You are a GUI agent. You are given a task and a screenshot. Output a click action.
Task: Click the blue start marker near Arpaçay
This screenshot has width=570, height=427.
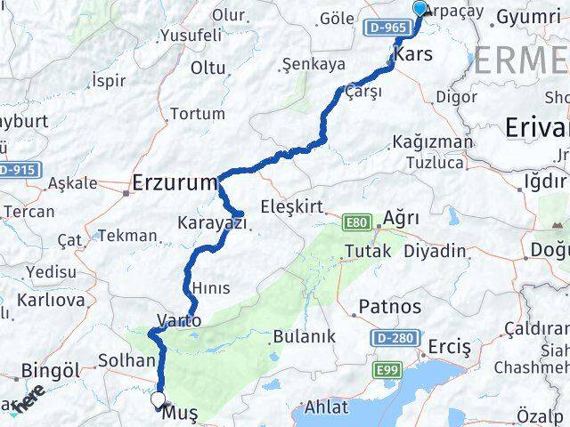[x=420, y=10]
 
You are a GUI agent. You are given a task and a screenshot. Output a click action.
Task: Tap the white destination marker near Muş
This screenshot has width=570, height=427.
[x=159, y=400]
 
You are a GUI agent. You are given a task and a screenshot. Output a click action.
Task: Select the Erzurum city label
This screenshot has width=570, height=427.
[x=175, y=184]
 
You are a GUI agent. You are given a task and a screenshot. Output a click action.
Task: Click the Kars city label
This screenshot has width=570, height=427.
[x=412, y=53]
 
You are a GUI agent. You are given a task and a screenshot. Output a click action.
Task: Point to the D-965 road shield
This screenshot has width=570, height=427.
[x=386, y=28]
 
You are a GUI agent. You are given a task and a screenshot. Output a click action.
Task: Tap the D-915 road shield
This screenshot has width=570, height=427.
[x=15, y=169]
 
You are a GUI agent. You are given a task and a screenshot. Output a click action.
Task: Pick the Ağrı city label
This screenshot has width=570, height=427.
[x=401, y=218]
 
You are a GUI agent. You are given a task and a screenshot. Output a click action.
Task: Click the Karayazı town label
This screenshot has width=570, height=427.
[x=212, y=223]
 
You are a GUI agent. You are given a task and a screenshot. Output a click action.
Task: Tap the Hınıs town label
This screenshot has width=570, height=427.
[x=211, y=288]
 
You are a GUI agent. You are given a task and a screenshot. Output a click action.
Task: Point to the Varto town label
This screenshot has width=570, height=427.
[x=179, y=319]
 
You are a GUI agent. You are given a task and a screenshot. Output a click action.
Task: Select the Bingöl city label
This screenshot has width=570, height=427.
[x=51, y=369]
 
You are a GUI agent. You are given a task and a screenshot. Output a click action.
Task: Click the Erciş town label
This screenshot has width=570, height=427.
[x=449, y=346]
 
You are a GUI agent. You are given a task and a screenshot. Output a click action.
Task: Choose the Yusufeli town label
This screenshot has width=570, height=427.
[x=190, y=36]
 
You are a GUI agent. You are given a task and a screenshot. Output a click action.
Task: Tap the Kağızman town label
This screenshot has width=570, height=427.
[x=433, y=142]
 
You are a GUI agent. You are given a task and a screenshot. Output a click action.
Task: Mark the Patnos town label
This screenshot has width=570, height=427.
[x=389, y=307]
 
